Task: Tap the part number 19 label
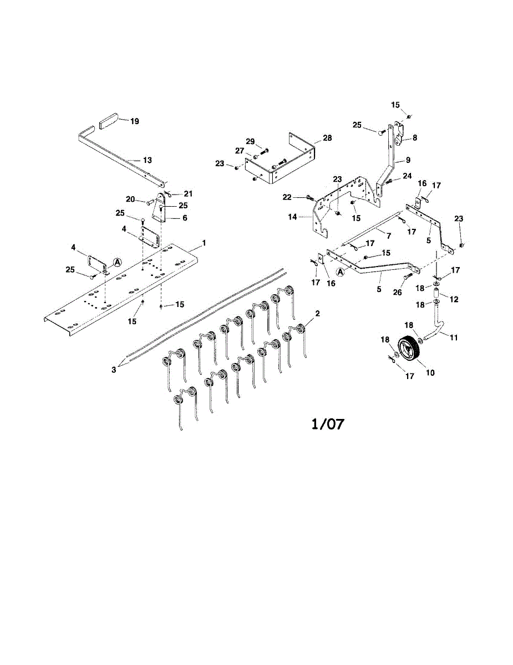[x=134, y=121]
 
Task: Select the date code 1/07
[x=328, y=424]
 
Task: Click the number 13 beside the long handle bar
[x=148, y=160]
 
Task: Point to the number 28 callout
[x=327, y=138]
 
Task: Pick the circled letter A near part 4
[x=118, y=262]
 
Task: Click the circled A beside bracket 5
[x=339, y=271]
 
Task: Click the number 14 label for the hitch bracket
[x=292, y=217]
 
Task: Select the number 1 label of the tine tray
[x=204, y=243]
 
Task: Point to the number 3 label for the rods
[x=114, y=370]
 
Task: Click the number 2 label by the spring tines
[x=318, y=313]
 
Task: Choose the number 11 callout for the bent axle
[x=454, y=337]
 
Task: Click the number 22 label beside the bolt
[x=287, y=197]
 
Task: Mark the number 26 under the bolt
[x=397, y=293]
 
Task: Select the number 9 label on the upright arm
[x=408, y=160]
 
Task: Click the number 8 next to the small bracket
[x=415, y=138]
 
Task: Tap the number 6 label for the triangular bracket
[x=185, y=218]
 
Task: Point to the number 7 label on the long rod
[x=389, y=236]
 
